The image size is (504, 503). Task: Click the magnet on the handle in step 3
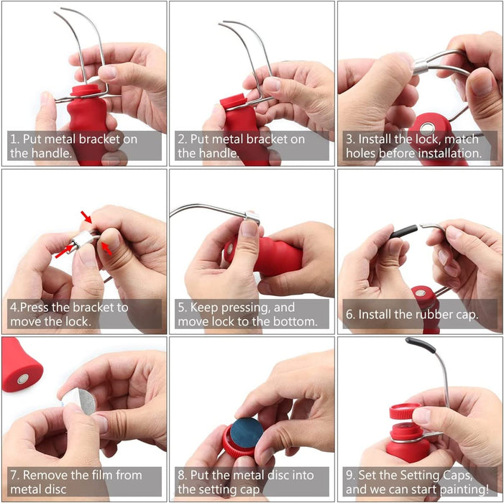point(427,129)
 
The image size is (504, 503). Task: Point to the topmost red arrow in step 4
point(86,216)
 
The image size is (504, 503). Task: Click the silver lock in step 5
point(252,217)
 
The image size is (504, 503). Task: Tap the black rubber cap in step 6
point(403,231)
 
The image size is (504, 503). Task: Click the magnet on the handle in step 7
point(23,379)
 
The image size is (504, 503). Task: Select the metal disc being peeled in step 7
point(83,402)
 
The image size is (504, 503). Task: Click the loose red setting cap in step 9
point(404,412)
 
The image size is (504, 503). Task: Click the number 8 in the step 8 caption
point(181,476)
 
